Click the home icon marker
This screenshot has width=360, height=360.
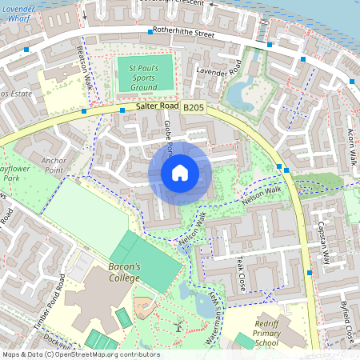pos(180,171)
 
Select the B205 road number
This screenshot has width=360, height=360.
pos(194,107)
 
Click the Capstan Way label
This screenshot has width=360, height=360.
pos(324,242)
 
